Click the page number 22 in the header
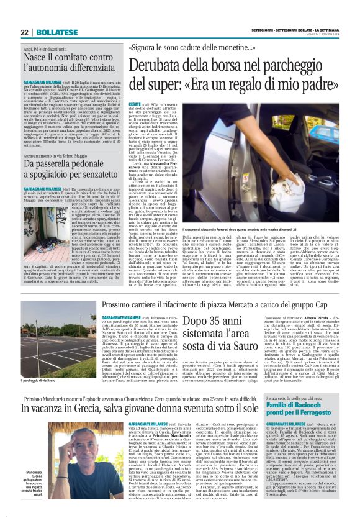click(x=24, y=32)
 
